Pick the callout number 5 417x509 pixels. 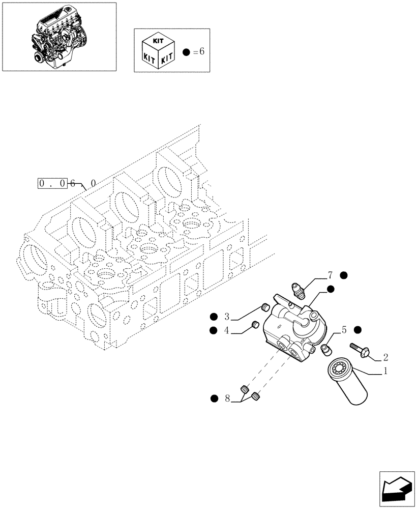coord(344,330)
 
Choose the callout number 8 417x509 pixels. coord(227,399)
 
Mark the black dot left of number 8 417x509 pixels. coord(213,398)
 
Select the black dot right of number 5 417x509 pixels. coord(358,330)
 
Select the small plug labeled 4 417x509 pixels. coord(256,324)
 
